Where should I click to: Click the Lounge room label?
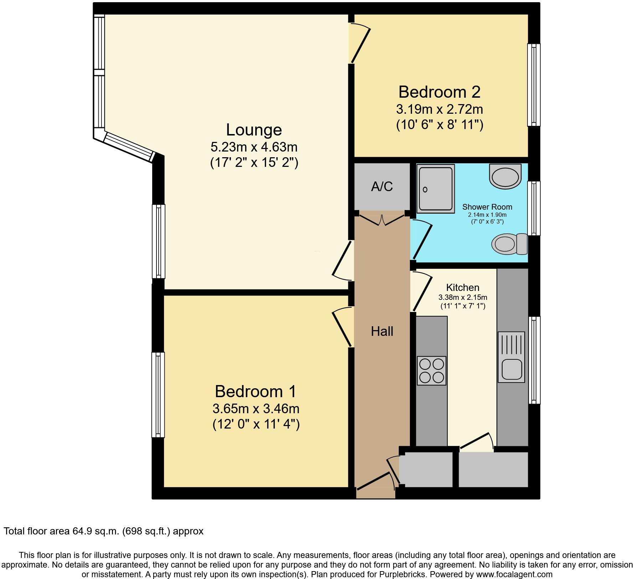(x=254, y=130)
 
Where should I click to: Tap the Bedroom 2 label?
(x=439, y=92)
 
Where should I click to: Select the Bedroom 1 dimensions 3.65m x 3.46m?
(x=256, y=408)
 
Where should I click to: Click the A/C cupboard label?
(x=382, y=186)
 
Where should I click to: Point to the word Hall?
(x=382, y=332)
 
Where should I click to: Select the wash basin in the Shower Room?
(x=505, y=176)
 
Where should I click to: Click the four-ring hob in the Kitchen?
(x=431, y=371)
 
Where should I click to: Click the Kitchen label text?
(x=463, y=287)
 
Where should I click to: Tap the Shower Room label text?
(x=487, y=207)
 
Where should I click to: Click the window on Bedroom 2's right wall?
(x=533, y=85)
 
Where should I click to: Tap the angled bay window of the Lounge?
(x=128, y=146)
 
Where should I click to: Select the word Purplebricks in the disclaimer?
(x=405, y=575)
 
